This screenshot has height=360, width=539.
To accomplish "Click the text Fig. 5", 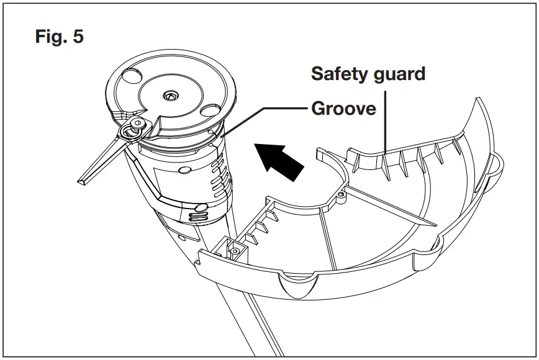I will [x=60, y=37].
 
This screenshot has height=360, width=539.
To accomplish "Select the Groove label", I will [x=343, y=109].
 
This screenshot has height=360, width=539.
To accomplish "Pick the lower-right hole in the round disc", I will [x=207, y=110].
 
